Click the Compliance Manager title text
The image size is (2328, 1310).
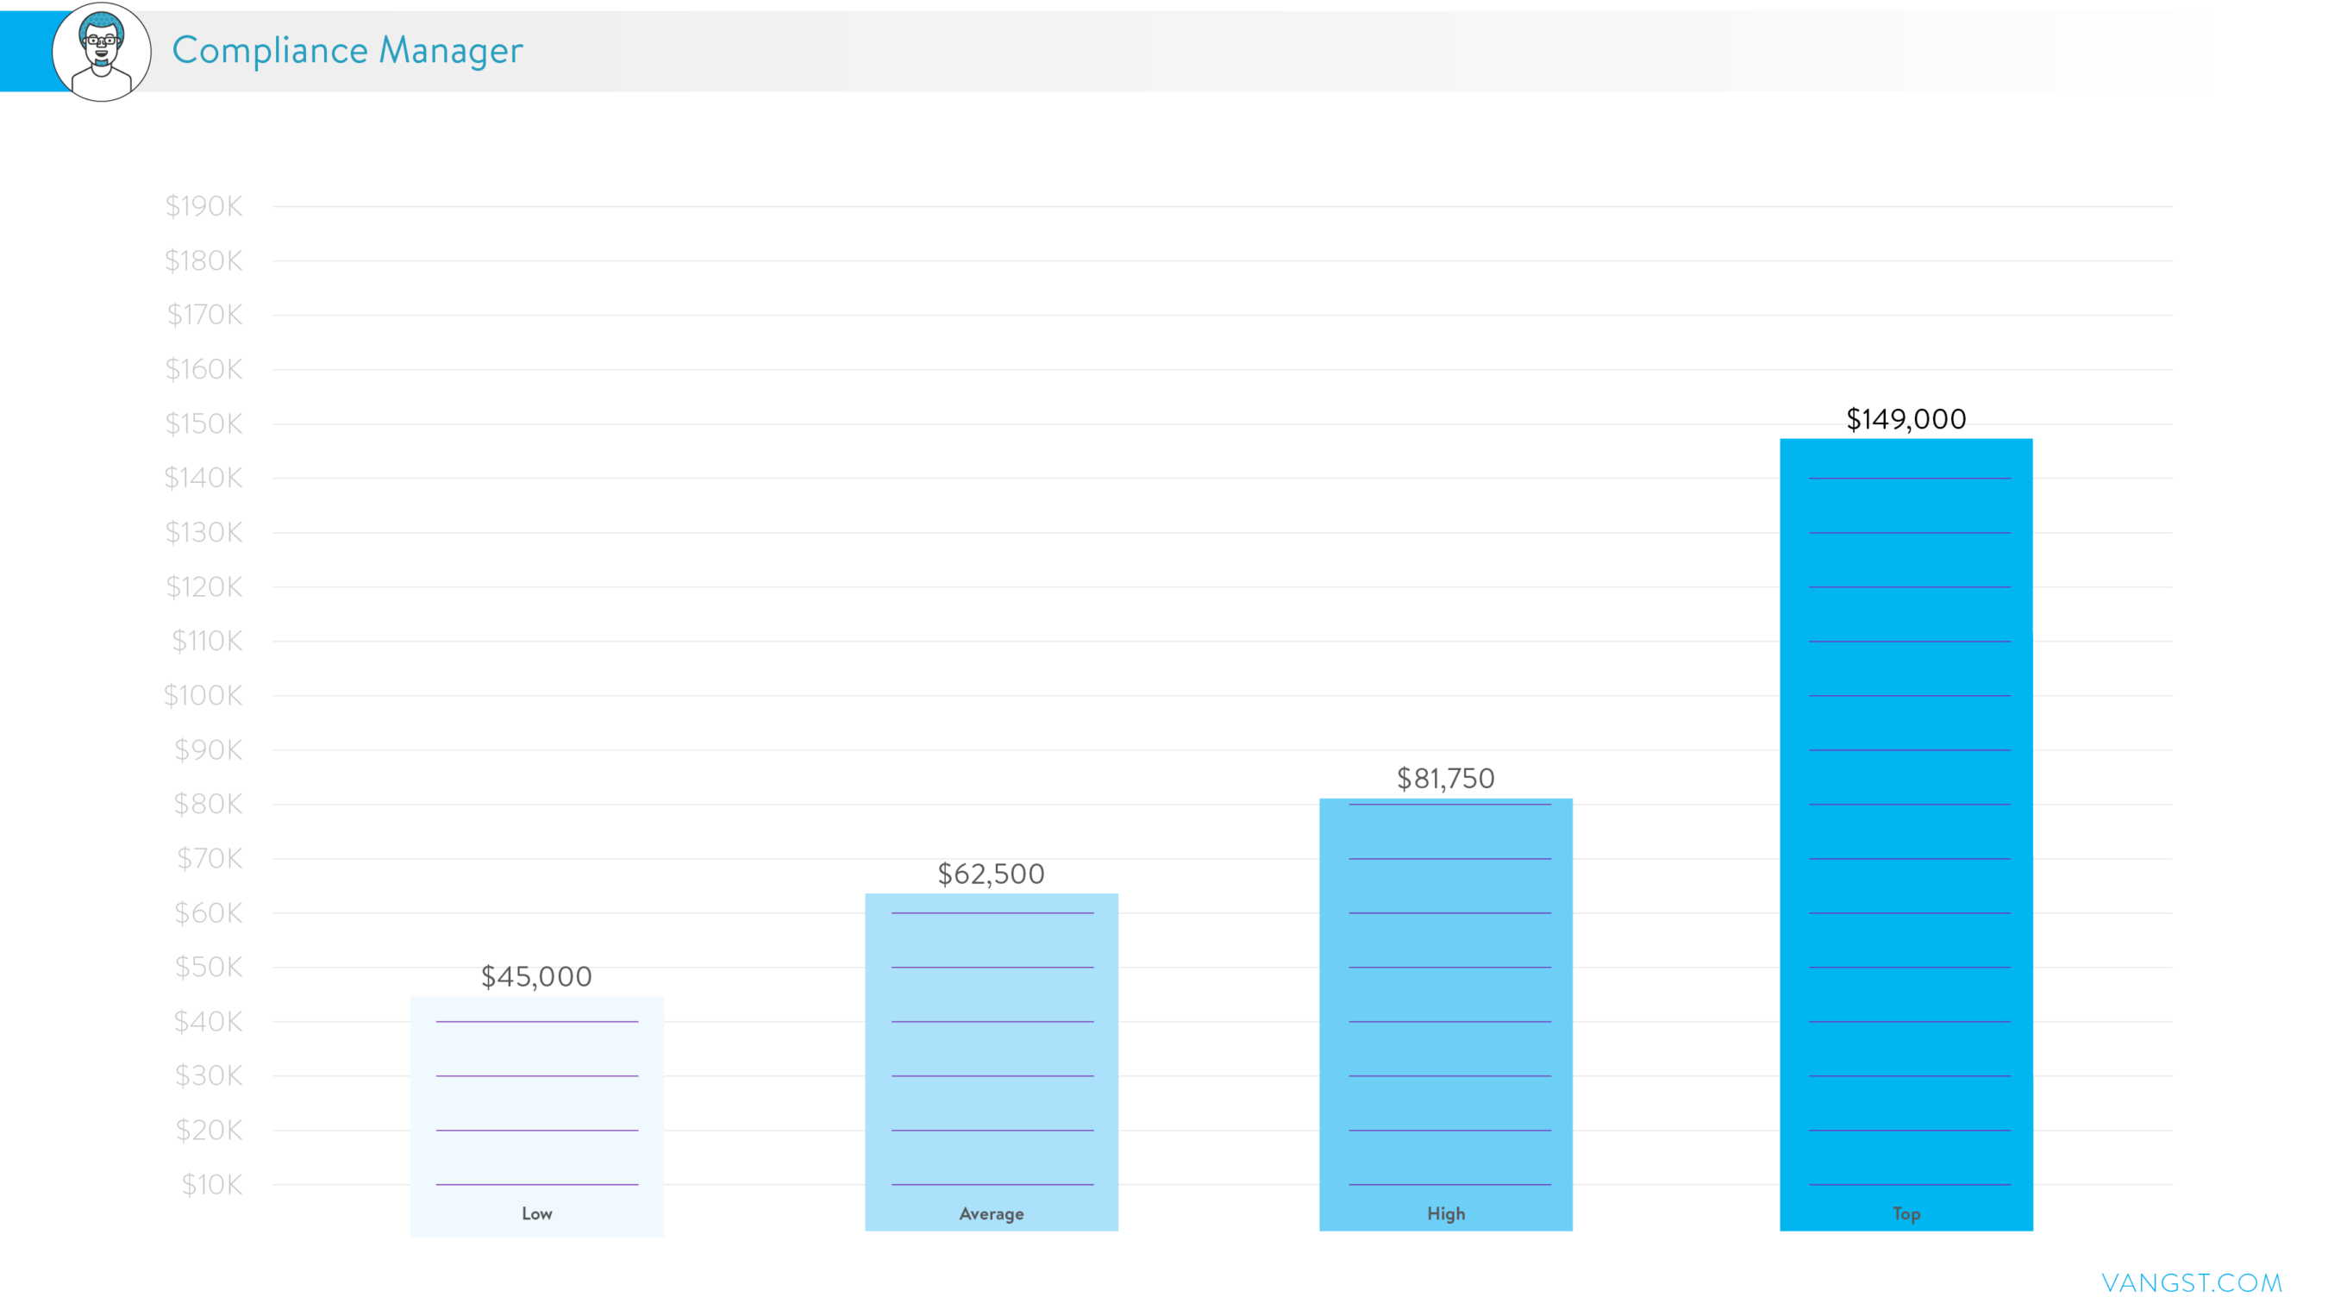pos(347,51)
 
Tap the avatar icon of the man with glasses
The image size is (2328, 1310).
pos(101,52)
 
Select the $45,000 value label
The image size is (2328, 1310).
pos(536,976)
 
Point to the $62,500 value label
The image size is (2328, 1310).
pos(991,874)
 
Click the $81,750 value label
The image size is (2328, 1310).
pos(1445,779)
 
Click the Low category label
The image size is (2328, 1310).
pos(537,1213)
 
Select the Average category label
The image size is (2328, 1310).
pos(992,1213)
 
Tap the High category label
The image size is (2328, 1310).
pos(1446,1213)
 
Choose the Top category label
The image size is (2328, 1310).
pos(1906,1213)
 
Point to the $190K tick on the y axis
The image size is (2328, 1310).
pos(204,206)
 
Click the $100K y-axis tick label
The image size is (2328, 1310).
pos(203,695)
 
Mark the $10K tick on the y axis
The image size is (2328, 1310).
pos(211,1184)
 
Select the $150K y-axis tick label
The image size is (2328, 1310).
pos(204,423)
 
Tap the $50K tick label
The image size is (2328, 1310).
pos(209,968)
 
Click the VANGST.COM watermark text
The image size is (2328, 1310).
pos(2192,1283)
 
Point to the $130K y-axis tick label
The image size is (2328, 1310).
pos(204,532)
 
